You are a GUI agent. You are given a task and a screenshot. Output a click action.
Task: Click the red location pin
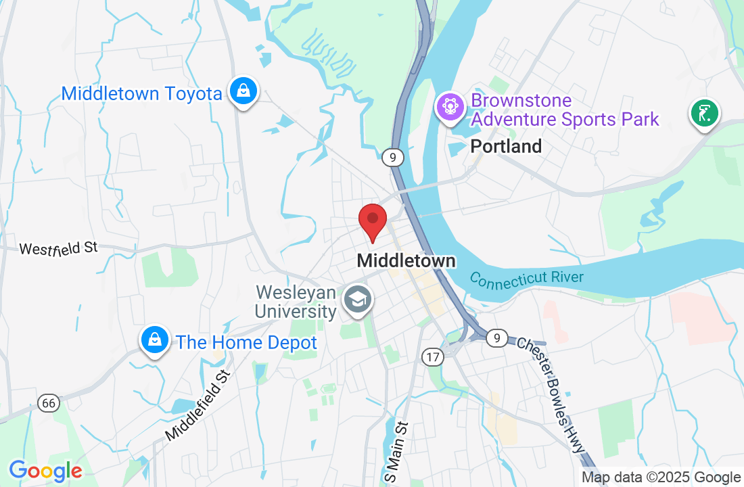pyautogui.click(x=372, y=220)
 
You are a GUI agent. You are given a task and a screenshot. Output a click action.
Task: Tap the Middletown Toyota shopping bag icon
pyautogui.click(x=242, y=91)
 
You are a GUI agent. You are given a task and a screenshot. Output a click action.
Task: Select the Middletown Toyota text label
pyautogui.click(x=141, y=93)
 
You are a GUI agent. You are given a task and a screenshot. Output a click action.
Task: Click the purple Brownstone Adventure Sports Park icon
pyautogui.click(x=449, y=108)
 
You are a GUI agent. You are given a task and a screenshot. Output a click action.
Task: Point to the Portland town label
pyautogui.click(x=506, y=146)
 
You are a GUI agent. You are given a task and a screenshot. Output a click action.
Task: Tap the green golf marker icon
pyautogui.click(x=704, y=112)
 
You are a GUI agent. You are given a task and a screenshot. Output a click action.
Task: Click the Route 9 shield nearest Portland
pyautogui.click(x=392, y=158)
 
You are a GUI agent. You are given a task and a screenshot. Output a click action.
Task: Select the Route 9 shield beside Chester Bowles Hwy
pyautogui.click(x=497, y=338)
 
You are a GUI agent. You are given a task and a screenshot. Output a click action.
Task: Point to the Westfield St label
pyautogui.click(x=59, y=248)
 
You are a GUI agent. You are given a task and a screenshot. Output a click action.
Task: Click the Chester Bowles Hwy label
pyautogui.click(x=552, y=393)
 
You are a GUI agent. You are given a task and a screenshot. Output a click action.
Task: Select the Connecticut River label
pyautogui.click(x=526, y=278)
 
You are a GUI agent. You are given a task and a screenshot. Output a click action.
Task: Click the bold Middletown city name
pyautogui.click(x=406, y=260)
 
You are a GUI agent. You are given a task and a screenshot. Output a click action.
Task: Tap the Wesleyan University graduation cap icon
pyautogui.click(x=357, y=299)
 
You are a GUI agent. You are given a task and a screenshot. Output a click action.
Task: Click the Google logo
pyautogui.click(x=45, y=471)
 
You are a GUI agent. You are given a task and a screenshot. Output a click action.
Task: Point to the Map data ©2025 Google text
pyautogui.click(x=661, y=478)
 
